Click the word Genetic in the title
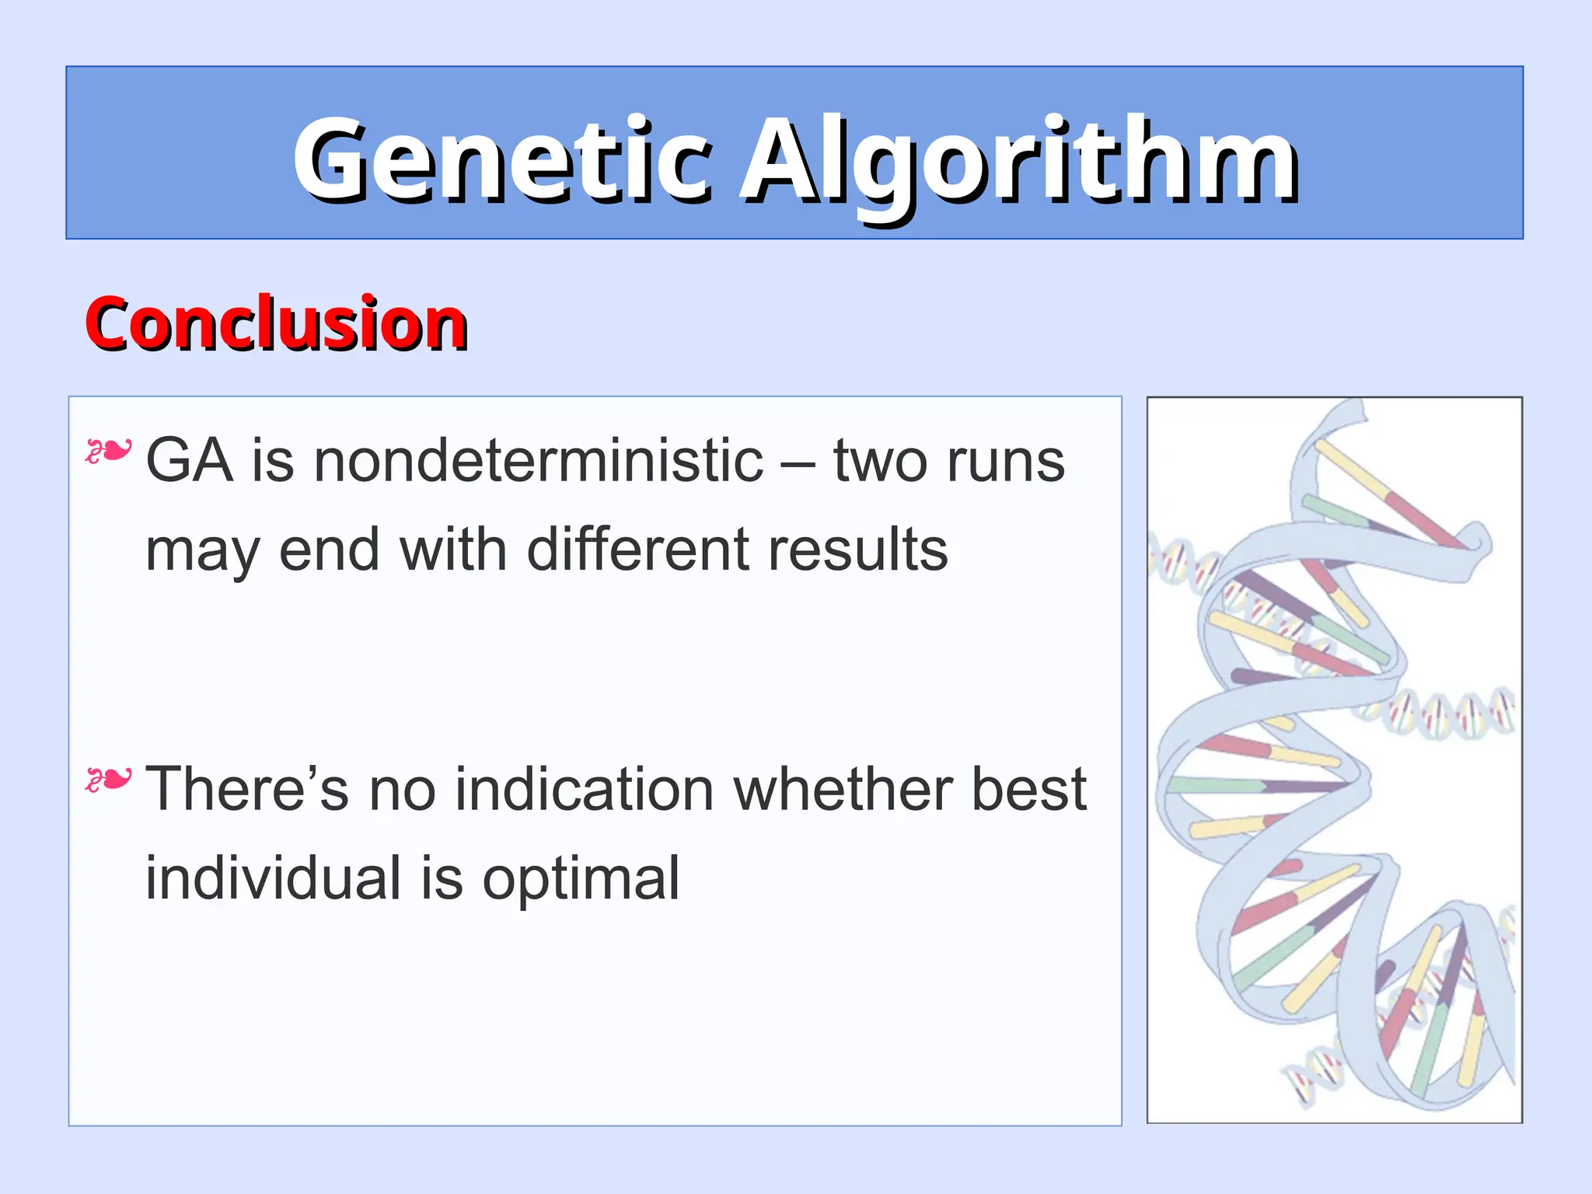tap(501, 159)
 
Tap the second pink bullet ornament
tap(108, 779)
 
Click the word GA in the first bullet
tap(189, 461)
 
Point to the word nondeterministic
tap(539, 461)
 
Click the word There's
tap(247, 789)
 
